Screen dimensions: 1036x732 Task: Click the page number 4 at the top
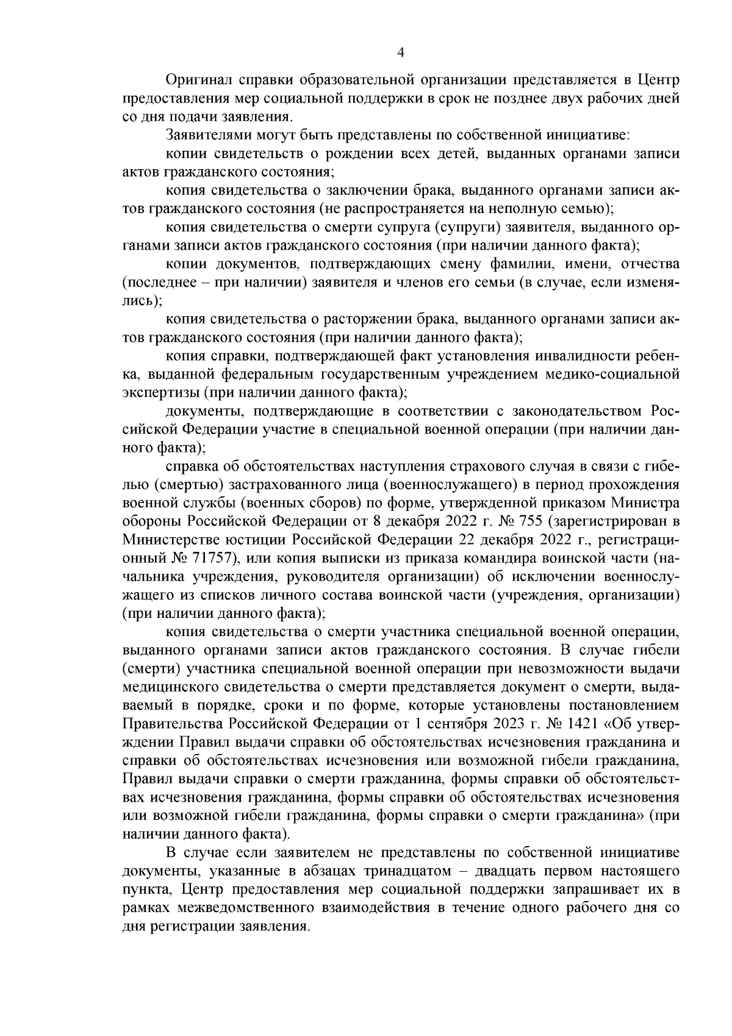coord(401,53)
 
